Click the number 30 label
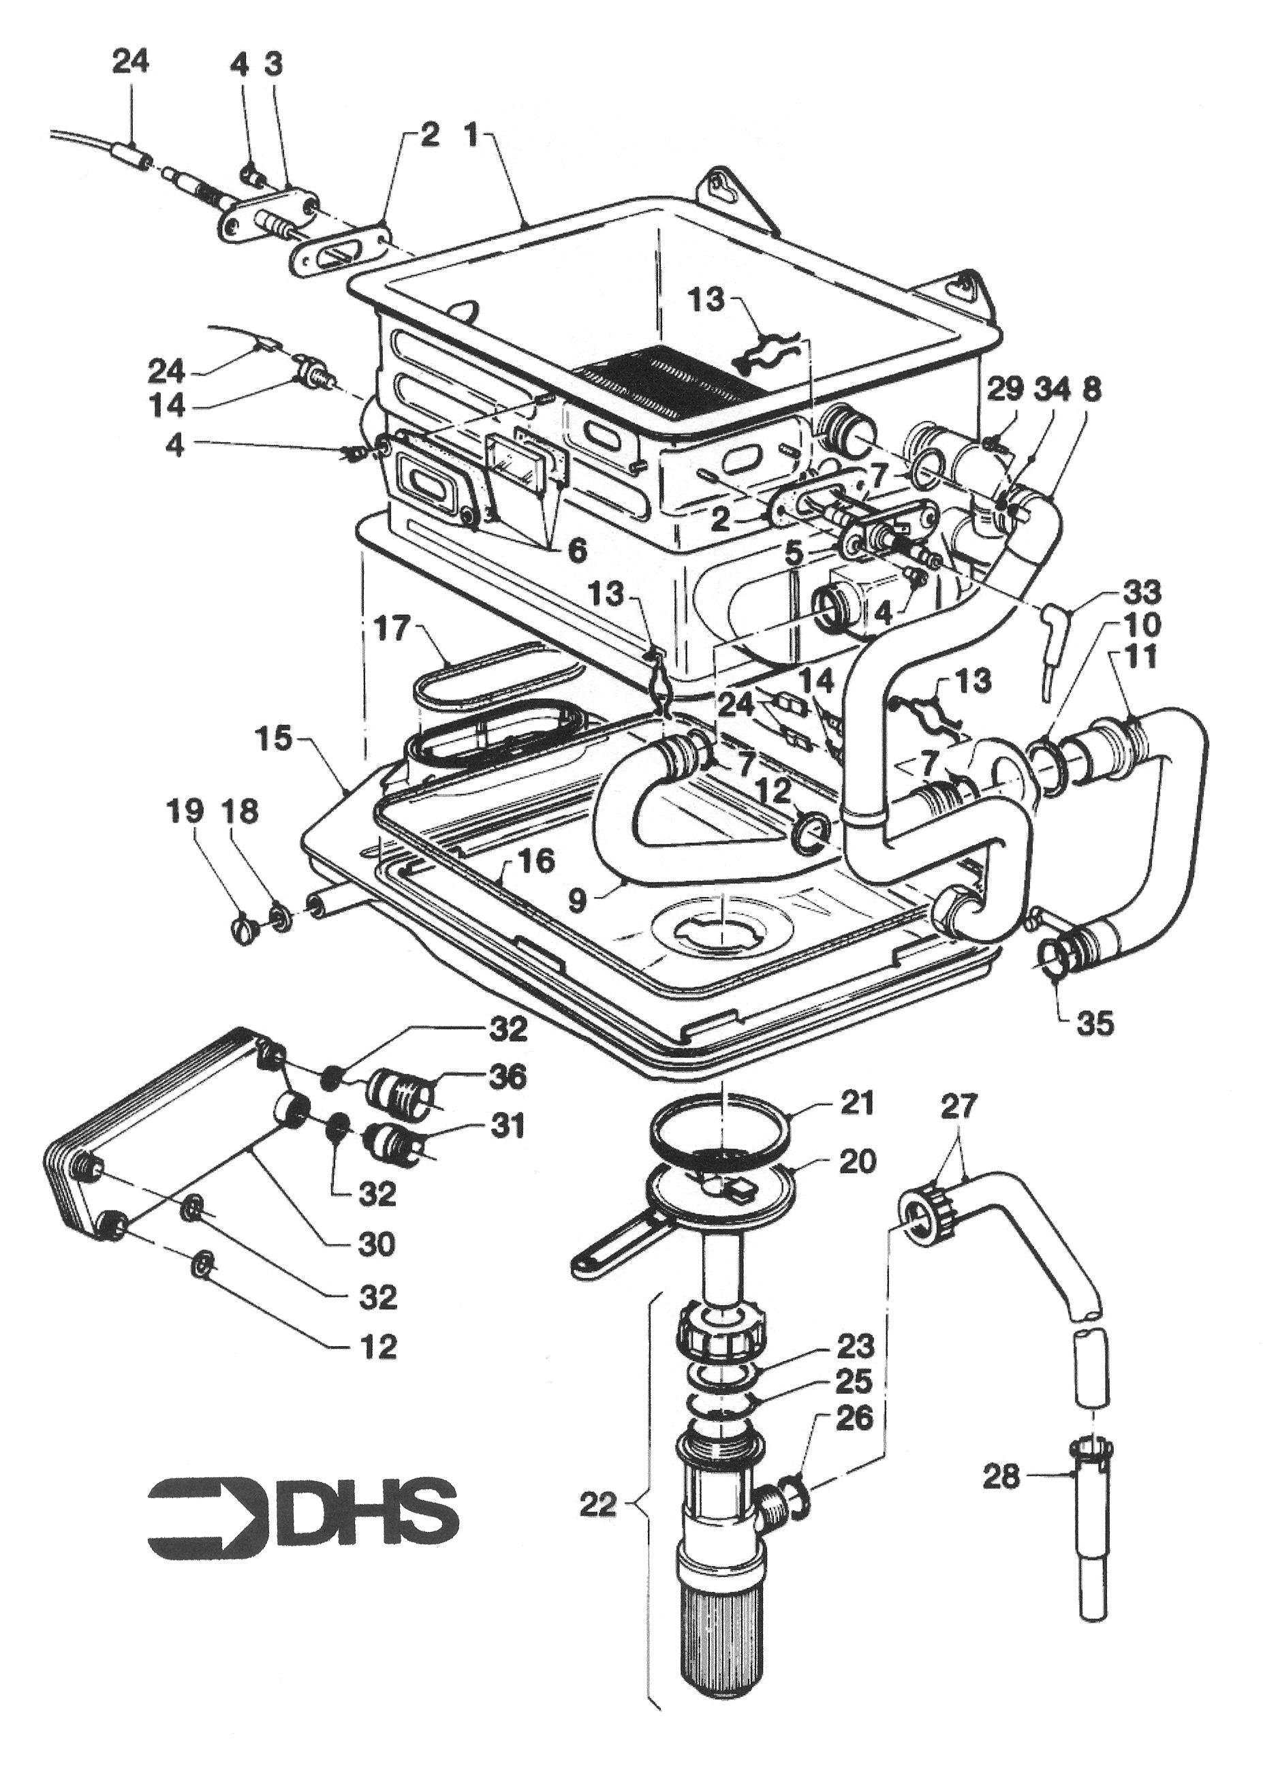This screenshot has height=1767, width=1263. point(377,1245)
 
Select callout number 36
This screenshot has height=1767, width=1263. point(506,1077)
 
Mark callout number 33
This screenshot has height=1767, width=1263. point(1142,592)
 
